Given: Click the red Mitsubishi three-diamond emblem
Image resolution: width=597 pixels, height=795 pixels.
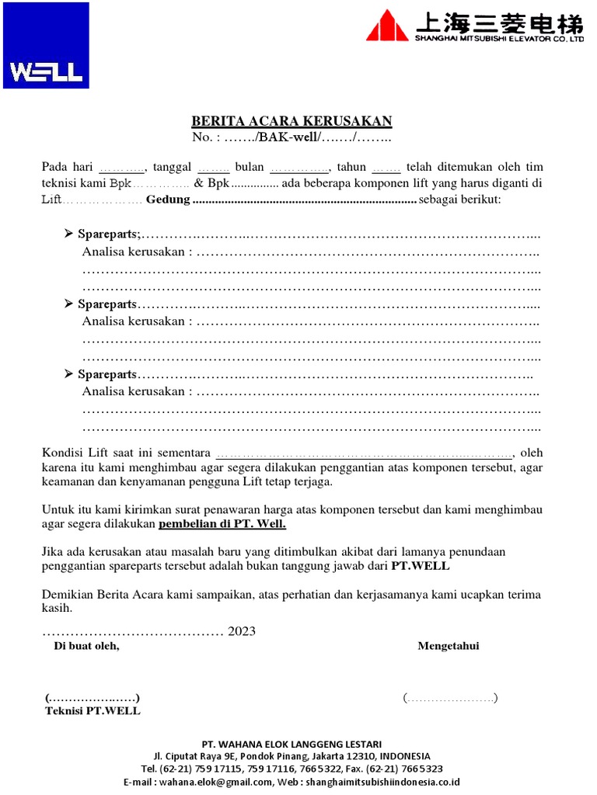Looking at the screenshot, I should coord(387,26).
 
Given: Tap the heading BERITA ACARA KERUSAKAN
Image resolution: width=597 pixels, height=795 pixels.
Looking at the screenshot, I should coord(292,121).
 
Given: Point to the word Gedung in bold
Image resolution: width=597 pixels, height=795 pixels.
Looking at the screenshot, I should coord(168,200).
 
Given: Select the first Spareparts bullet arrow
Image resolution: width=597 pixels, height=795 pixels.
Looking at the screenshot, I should coord(68,234).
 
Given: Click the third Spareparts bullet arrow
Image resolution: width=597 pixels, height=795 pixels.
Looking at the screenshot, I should coord(68,374).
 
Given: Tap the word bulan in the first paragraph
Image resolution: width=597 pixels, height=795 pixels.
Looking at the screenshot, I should coord(250,167).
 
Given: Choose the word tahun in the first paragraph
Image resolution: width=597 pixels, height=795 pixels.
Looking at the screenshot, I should coord(351,167).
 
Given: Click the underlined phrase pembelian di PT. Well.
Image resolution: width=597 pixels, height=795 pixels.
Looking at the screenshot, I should coord(223,524).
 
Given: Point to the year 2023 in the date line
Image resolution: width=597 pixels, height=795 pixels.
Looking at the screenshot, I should coord(242,631).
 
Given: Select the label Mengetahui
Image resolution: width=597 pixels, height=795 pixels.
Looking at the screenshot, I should coord(449,646).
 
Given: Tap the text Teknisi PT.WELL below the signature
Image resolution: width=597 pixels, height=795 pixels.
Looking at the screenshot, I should coord(93,711).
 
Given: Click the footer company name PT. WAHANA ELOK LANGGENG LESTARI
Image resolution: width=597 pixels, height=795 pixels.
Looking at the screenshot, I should coord(292,744).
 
